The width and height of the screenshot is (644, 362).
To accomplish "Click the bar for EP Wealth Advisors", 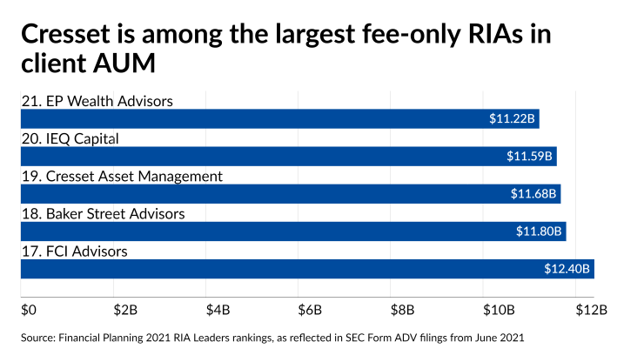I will coord(278,119).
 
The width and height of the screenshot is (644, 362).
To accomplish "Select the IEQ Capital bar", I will coord(287,157).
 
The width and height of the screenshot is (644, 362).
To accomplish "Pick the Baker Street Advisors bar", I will coord(292,231).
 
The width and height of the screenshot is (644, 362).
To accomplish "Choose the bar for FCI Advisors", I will coord(305,269).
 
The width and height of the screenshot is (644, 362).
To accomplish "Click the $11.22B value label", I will coord(512,119).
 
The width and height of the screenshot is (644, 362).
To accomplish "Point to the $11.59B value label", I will coord(529,157).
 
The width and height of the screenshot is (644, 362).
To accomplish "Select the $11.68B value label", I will coord(533,194).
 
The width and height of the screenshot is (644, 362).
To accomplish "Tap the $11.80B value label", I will coord(539,231).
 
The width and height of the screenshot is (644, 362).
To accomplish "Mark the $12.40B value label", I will coord(567,269).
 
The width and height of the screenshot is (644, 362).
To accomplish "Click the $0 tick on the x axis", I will coord(29,308).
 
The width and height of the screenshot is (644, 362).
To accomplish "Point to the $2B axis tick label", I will coord(124,308).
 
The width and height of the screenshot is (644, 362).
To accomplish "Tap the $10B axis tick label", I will coord(498,308).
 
